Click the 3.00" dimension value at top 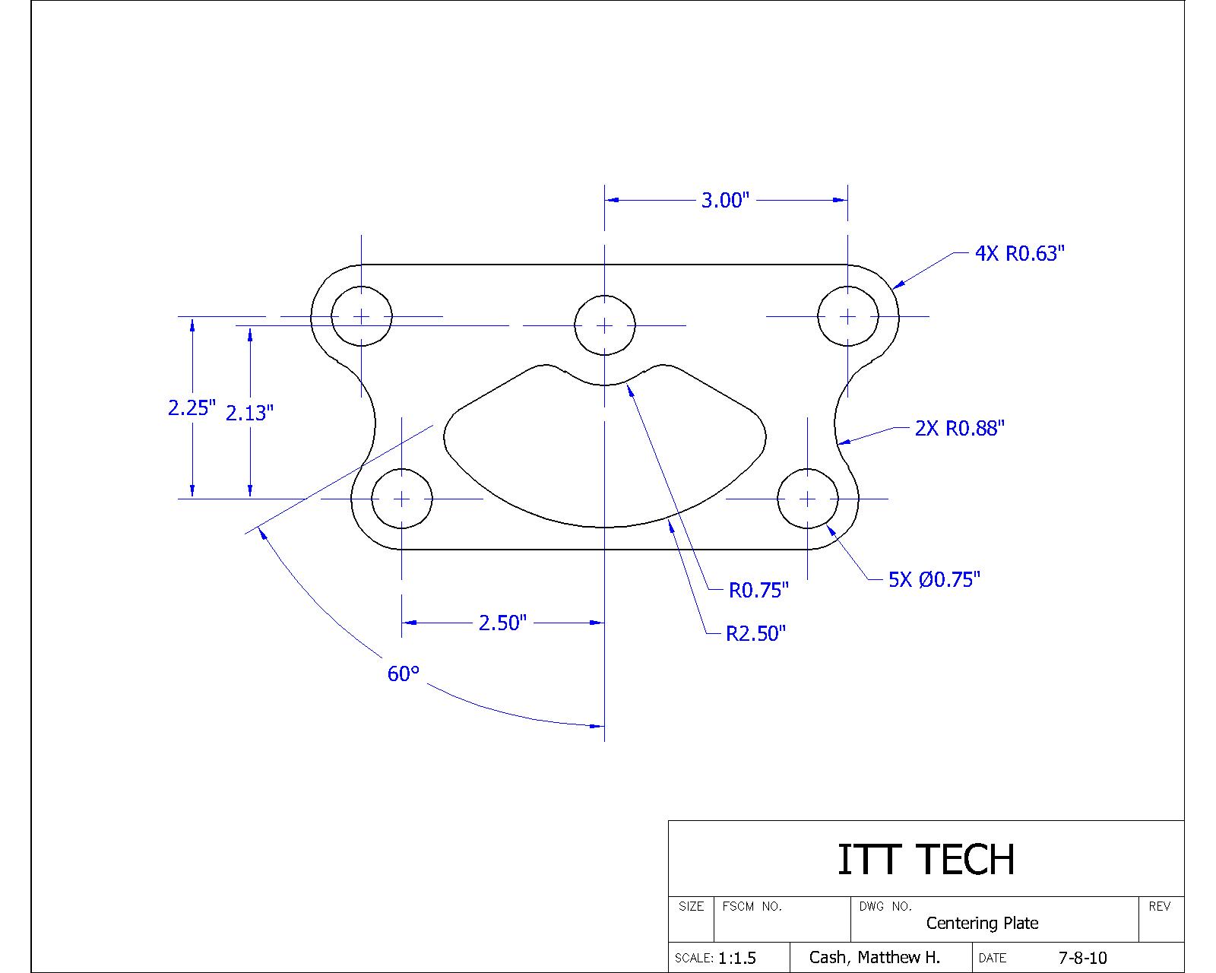[x=725, y=201]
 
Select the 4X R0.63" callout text [x=1020, y=254]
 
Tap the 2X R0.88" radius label [x=959, y=429]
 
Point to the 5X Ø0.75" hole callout [x=934, y=580]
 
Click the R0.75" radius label [x=758, y=591]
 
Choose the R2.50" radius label [x=755, y=634]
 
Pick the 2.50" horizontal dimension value [x=502, y=623]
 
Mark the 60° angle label [x=404, y=674]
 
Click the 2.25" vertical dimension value [x=192, y=408]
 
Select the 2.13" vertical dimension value [x=249, y=414]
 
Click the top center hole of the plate [x=604, y=325]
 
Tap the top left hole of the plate [x=362, y=316]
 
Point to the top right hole [x=847, y=316]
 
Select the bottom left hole [x=401, y=499]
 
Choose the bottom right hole [x=807, y=499]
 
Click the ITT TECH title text [x=926, y=859]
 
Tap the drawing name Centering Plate [x=982, y=924]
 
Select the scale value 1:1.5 [x=736, y=958]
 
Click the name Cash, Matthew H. [x=874, y=958]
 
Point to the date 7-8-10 [x=1082, y=958]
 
